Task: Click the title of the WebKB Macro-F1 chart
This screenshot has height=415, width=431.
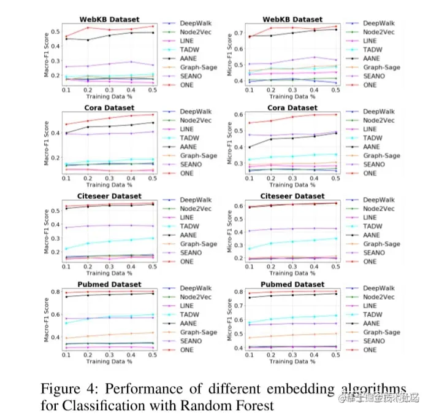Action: pos(110,19)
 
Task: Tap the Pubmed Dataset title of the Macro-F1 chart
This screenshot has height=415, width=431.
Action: pos(110,284)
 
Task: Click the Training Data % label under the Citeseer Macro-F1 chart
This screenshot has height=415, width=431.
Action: pos(110,273)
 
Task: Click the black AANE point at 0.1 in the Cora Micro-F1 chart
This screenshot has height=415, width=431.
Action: pos(248,147)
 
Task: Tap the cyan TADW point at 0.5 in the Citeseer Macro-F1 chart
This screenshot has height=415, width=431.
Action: pos(152,238)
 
